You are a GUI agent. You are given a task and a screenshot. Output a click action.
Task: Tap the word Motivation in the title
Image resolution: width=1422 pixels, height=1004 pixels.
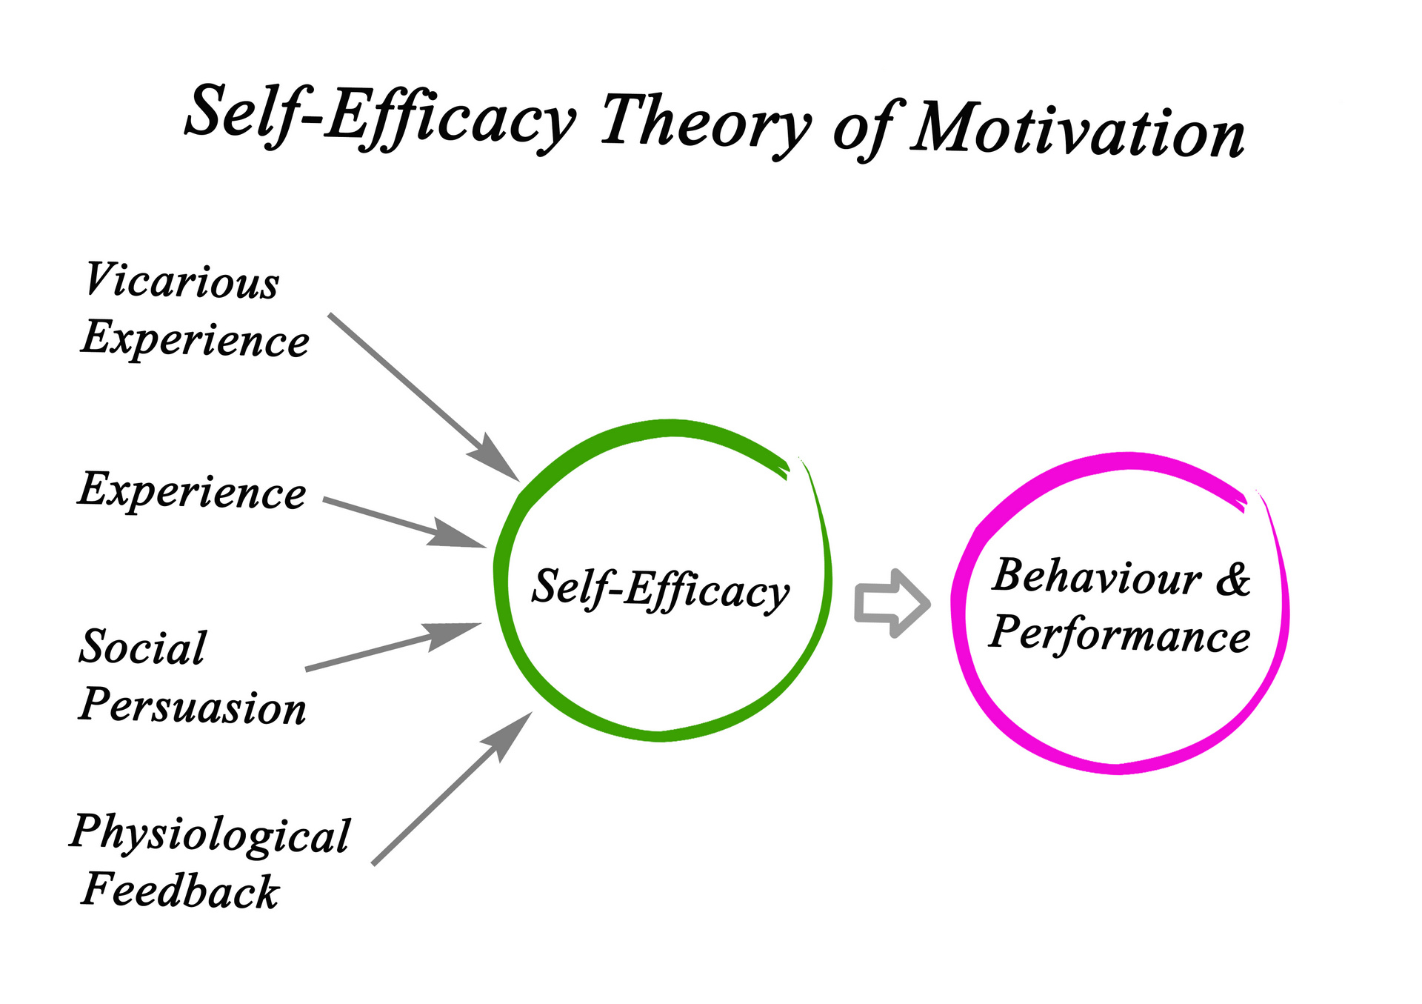[1078, 130]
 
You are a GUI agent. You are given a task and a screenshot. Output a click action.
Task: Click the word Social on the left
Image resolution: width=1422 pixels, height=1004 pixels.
[143, 647]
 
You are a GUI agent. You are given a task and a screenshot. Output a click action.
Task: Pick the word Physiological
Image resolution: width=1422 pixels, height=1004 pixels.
[210, 836]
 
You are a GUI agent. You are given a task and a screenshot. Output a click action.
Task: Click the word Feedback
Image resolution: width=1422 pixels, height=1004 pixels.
[181, 890]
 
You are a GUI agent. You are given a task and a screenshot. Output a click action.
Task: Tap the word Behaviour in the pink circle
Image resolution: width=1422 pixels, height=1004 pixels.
[1097, 576]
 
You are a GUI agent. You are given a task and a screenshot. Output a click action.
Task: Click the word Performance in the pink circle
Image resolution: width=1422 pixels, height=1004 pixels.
[1120, 634]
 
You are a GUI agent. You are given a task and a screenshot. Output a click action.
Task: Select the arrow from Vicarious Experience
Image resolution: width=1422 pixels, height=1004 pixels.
[424, 398]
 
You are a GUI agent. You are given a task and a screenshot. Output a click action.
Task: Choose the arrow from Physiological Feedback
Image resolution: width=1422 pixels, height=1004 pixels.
[453, 788]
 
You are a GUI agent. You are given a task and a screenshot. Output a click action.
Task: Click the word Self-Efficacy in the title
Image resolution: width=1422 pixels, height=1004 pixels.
[380, 117]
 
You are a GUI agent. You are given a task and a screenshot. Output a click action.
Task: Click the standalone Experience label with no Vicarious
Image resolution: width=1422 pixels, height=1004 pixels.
[192, 491]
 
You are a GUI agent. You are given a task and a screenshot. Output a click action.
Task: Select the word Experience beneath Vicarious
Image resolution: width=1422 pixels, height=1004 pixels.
[196, 339]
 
